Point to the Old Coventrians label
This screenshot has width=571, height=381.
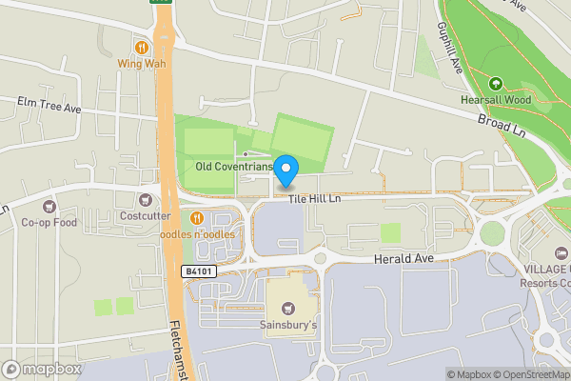point(234,167)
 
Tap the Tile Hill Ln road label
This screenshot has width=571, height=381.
point(315,200)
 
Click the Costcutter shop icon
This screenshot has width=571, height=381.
point(145,199)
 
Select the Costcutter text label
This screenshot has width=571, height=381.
point(145,216)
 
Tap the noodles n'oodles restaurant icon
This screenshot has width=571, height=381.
point(198,218)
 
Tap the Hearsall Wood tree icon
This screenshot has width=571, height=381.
point(494,83)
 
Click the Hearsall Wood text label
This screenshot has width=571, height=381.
point(494,100)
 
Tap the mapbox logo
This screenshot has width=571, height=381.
point(43,369)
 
